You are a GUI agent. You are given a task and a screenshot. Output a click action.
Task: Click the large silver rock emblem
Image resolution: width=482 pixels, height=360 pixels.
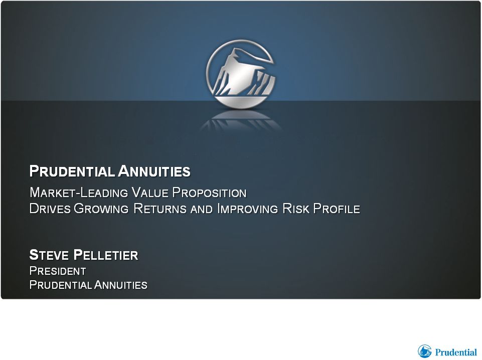click(x=241, y=74)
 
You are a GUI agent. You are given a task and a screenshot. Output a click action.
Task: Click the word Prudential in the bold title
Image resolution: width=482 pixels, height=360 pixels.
click(x=72, y=171)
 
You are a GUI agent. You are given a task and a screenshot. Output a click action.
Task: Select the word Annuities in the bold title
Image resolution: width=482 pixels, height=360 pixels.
click(x=154, y=171)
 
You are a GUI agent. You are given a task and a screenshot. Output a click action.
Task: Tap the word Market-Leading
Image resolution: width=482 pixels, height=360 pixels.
click(x=79, y=193)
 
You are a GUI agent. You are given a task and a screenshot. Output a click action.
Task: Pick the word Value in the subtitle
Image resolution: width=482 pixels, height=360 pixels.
click(x=150, y=193)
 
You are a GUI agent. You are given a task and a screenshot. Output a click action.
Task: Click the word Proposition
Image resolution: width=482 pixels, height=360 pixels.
click(x=209, y=193)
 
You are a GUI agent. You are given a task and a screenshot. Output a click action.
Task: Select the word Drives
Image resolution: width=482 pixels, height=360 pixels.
click(x=50, y=209)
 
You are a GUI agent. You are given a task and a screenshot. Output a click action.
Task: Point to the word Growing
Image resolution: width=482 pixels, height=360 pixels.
click(x=101, y=209)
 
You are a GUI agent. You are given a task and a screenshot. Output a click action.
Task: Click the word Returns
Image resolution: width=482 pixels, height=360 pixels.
click(x=160, y=209)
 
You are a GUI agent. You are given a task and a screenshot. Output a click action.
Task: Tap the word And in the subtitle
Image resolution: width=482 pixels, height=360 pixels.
click(x=202, y=209)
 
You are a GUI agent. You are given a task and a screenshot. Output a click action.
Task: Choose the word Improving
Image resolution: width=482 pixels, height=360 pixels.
click(x=247, y=209)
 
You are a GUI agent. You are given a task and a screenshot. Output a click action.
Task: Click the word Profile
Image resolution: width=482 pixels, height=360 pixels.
click(x=337, y=209)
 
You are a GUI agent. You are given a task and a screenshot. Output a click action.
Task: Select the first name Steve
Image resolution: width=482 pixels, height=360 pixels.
click(x=49, y=255)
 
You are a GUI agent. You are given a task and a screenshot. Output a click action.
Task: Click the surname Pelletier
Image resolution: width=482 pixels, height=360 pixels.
click(x=106, y=255)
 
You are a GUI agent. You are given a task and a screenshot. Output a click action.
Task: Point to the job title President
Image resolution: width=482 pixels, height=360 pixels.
click(x=58, y=271)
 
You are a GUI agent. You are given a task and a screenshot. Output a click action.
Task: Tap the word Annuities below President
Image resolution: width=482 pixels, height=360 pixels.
click(x=121, y=285)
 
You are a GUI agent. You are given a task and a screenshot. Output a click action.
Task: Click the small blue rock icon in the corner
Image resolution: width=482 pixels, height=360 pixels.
click(x=424, y=351)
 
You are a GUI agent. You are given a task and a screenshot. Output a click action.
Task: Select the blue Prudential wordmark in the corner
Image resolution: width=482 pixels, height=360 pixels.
click(x=455, y=352)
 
